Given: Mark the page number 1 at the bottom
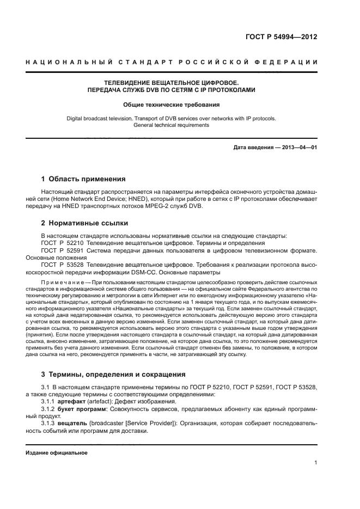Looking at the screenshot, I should click(x=316, y=463).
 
